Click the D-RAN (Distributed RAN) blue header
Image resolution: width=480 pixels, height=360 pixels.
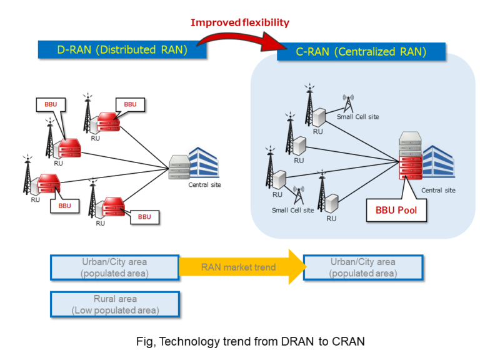(x=122, y=50)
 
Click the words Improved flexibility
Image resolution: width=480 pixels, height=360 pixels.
(x=240, y=22)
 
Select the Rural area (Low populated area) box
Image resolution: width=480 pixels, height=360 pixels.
(x=115, y=304)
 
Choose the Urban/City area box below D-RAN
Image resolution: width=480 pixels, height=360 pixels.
(x=115, y=267)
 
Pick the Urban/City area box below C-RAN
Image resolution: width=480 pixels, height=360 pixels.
(x=363, y=267)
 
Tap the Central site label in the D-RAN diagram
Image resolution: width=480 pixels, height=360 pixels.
(x=204, y=185)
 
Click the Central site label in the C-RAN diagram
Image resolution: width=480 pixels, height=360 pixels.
(x=437, y=190)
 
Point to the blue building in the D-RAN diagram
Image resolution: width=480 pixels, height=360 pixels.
(x=203, y=162)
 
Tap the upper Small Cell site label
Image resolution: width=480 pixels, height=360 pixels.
(x=357, y=117)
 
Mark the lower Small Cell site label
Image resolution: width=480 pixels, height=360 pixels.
(x=292, y=210)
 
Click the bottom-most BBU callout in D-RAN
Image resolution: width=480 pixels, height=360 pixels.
(x=144, y=217)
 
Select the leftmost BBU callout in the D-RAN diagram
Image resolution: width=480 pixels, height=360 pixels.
(x=49, y=104)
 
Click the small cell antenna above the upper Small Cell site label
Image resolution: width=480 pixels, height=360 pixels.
(x=348, y=101)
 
